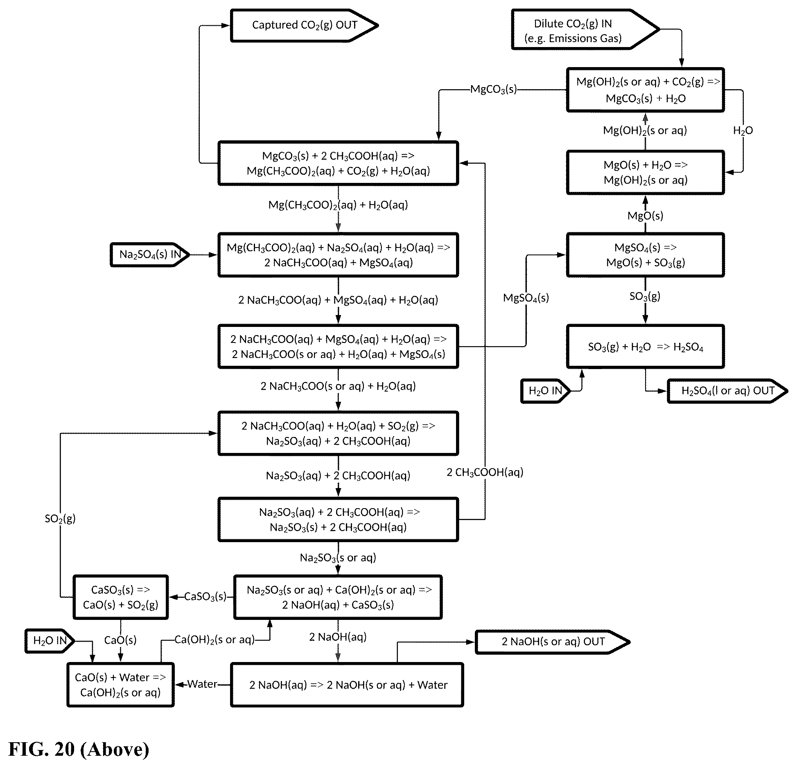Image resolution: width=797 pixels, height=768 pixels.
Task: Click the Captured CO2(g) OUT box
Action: [x=304, y=25]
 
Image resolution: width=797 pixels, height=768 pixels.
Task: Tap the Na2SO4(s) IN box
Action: [x=150, y=254]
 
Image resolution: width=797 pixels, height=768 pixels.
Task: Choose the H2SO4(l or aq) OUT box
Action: [x=727, y=391]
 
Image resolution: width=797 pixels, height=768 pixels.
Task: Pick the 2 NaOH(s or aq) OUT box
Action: [x=552, y=642]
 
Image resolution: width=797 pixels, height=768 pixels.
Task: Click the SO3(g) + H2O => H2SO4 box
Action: [x=645, y=347]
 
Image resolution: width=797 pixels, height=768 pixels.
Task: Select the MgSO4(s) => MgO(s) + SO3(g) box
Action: [x=645, y=255]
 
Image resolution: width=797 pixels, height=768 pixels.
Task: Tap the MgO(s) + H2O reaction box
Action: [x=645, y=172]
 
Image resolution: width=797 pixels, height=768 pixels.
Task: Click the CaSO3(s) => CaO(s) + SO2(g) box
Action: [x=120, y=597]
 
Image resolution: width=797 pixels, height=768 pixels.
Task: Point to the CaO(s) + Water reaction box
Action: [x=120, y=685]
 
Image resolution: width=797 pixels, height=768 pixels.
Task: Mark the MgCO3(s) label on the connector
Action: [x=493, y=89]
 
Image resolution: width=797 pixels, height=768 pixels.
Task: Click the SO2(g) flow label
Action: [x=60, y=518]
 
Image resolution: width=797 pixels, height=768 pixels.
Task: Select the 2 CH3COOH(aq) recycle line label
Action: [x=485, y=472]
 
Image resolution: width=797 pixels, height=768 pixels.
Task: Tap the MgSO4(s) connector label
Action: [x=526, y=297]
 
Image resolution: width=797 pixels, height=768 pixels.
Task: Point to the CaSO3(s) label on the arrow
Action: [x=205, y=597]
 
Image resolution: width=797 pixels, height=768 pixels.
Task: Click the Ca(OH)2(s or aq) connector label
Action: [x=214, y=640]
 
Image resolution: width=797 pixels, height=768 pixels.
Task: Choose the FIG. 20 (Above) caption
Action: [x=79, y=749]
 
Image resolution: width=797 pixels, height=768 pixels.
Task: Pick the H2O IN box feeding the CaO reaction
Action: [x=50, y=641]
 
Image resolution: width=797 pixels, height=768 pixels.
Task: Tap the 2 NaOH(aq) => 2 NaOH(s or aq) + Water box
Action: [x=347, y=685]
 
